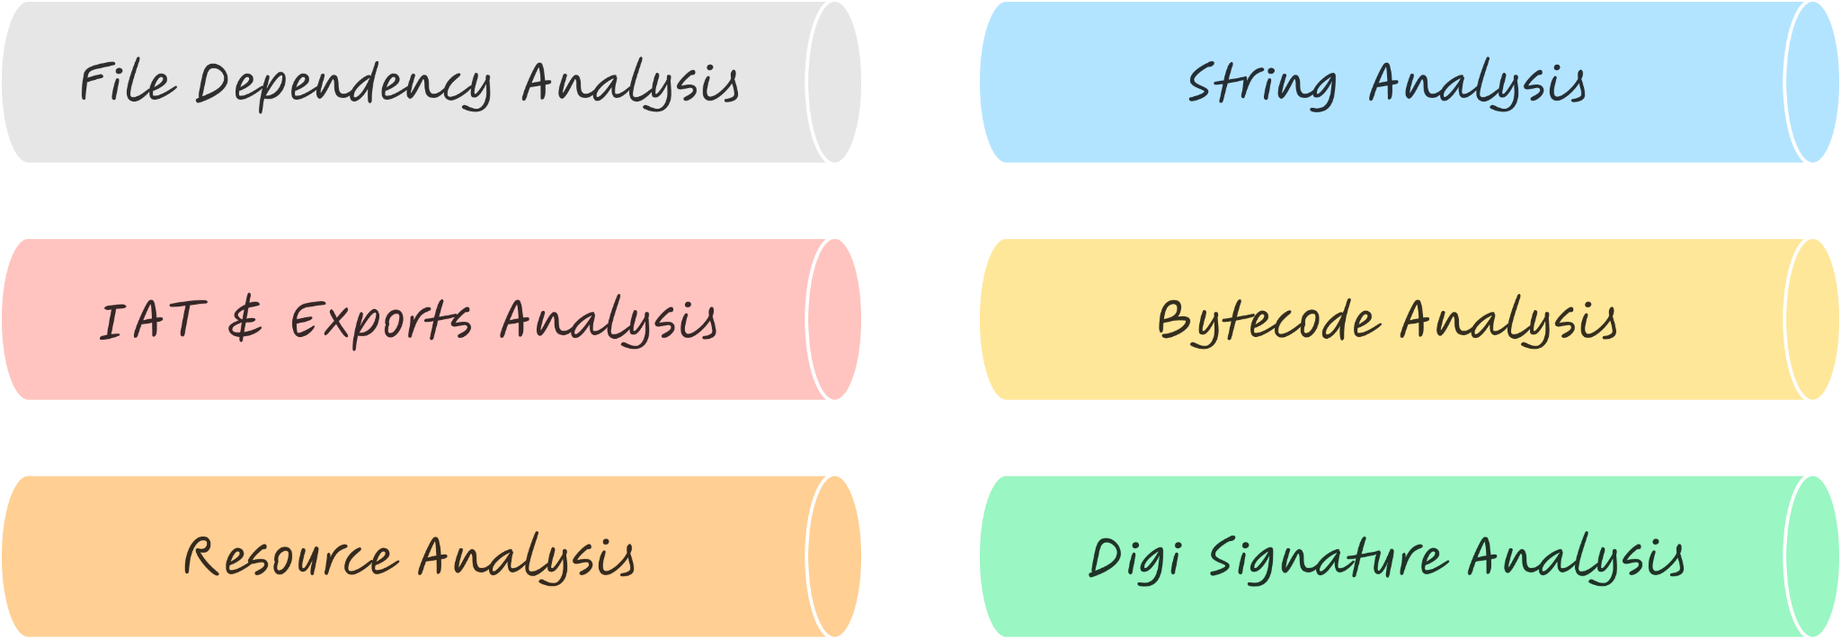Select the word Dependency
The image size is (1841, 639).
[343, 85]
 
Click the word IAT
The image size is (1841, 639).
[149, 321]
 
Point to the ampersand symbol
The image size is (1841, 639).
[245, 321]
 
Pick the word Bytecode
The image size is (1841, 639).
[1267, 322]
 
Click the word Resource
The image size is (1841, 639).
[289, 557]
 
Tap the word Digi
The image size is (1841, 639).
[1134, 558]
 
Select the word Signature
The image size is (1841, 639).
[1327, 558]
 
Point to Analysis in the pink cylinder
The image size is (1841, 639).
[609, 322]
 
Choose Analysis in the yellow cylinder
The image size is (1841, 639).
[1508, 322]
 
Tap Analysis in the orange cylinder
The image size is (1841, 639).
[527, 558]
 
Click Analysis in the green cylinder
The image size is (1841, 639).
[1577, 558]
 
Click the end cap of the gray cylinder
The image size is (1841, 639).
[833, 82]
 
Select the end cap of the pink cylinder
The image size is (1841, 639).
[833, 319]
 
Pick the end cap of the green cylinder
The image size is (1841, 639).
[1811, 556]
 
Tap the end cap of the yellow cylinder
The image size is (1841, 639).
[1811, 319]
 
